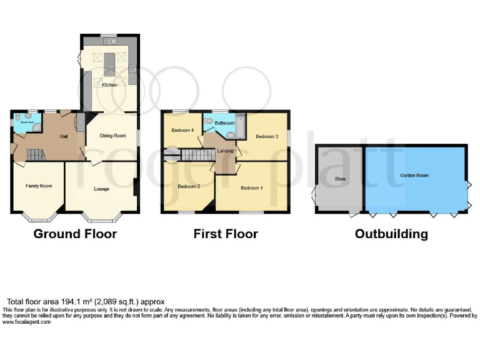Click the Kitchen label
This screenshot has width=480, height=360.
109,85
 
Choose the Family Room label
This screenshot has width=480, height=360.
38,186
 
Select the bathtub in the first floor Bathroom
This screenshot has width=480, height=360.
241,126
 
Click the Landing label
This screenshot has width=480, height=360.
224,150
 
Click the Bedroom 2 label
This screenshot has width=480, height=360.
188,186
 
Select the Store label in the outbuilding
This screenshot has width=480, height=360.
341,179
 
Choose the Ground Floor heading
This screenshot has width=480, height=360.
75,234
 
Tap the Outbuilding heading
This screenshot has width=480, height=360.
391,234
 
